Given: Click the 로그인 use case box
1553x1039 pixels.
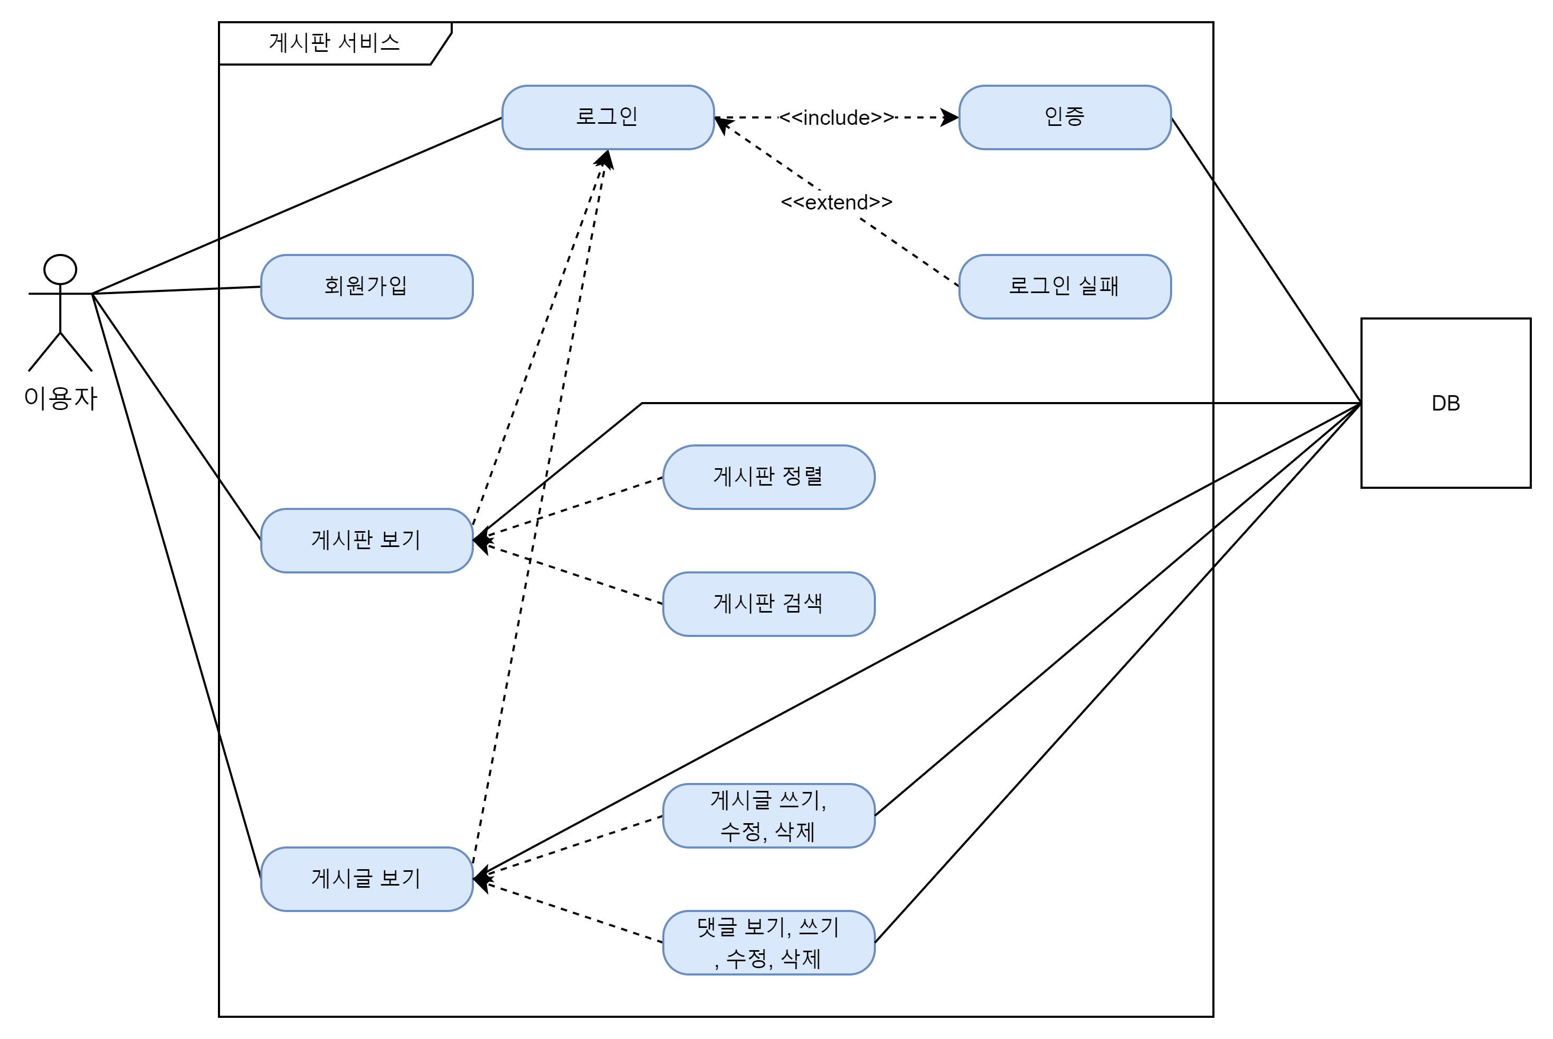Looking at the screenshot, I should pyautogui.click(x=608, y=117).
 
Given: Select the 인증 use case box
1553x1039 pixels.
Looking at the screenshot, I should pyautogui.click(x=1065, y=117).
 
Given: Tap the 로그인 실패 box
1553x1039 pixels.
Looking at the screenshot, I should pyautogui.click(x=1065, y=286).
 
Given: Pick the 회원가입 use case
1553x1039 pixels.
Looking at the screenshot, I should pyautogui.click(x=367, y=286).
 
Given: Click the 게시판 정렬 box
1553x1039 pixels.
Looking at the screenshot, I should pyautogui.click(x=769, y=477).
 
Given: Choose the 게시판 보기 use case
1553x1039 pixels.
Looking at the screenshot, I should pyautogui.click(x=367, y=540).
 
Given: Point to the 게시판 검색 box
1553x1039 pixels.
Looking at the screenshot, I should pyautogui.click(x=769, y=604).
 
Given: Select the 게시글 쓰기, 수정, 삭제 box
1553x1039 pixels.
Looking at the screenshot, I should pyautogui.click(x=769, y=816).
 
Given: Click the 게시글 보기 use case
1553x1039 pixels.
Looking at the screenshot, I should pyautogui.click(x=367, y=879).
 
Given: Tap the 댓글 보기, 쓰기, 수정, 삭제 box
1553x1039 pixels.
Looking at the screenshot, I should pyautogui.click(x=769, y=942).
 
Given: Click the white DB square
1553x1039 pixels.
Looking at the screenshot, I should pyautogui.click(x=1446, y=371).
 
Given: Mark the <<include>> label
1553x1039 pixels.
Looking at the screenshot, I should pyautogui.click(x=836, y=118).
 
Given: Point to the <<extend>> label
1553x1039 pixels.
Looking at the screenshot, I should pyautogui.click(x=836, y=202).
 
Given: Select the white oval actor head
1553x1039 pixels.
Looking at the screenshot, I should pyautogui.click(x=60, y=270).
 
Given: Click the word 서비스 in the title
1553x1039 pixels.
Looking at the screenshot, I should pyautogui.click(x=369, y=43).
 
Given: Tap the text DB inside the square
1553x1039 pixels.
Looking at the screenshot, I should pyautogui.click(x=1446, y=403).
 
